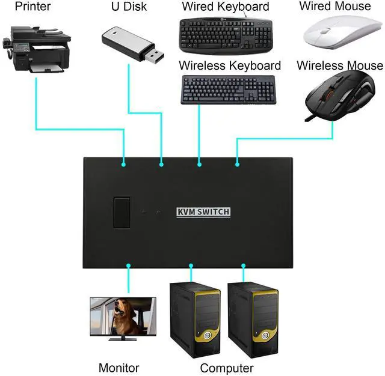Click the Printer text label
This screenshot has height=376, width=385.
tap(32, 7)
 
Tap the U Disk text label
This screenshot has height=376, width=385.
tap(128, 7)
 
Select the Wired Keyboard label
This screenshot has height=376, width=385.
tap(225, 7)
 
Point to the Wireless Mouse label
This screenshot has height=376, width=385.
tap(339, 65)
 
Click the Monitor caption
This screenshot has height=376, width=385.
tap(119, 368)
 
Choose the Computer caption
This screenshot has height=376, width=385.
tap(227, 368)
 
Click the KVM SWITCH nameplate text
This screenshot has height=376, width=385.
tap(203, 211)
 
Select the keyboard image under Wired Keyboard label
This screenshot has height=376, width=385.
tap(226, 35)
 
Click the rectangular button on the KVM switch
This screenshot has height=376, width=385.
tap(122, 213)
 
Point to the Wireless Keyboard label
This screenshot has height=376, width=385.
tap(230, 65)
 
